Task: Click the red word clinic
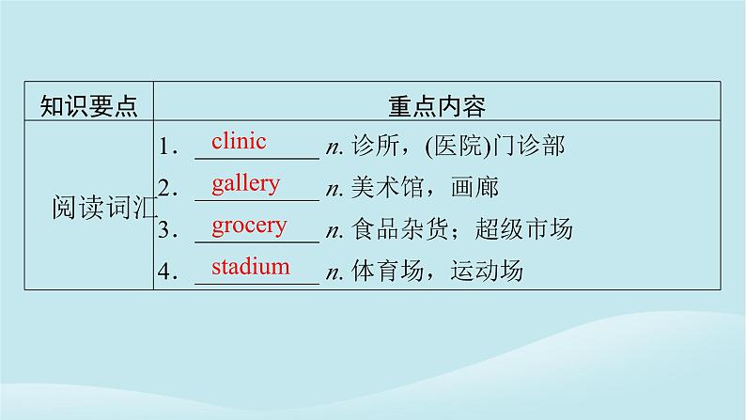(239, 142)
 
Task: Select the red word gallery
(245, 183)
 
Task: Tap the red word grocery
(249, 226)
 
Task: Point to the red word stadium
(250, 266)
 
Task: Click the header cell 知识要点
(89, 105)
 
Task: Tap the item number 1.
(167, 148)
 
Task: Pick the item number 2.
(167, 189)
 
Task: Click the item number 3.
(167, 231)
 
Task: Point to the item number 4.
(167, 272)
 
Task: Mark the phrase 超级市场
(525, 231)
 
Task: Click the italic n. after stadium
(334, 273)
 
